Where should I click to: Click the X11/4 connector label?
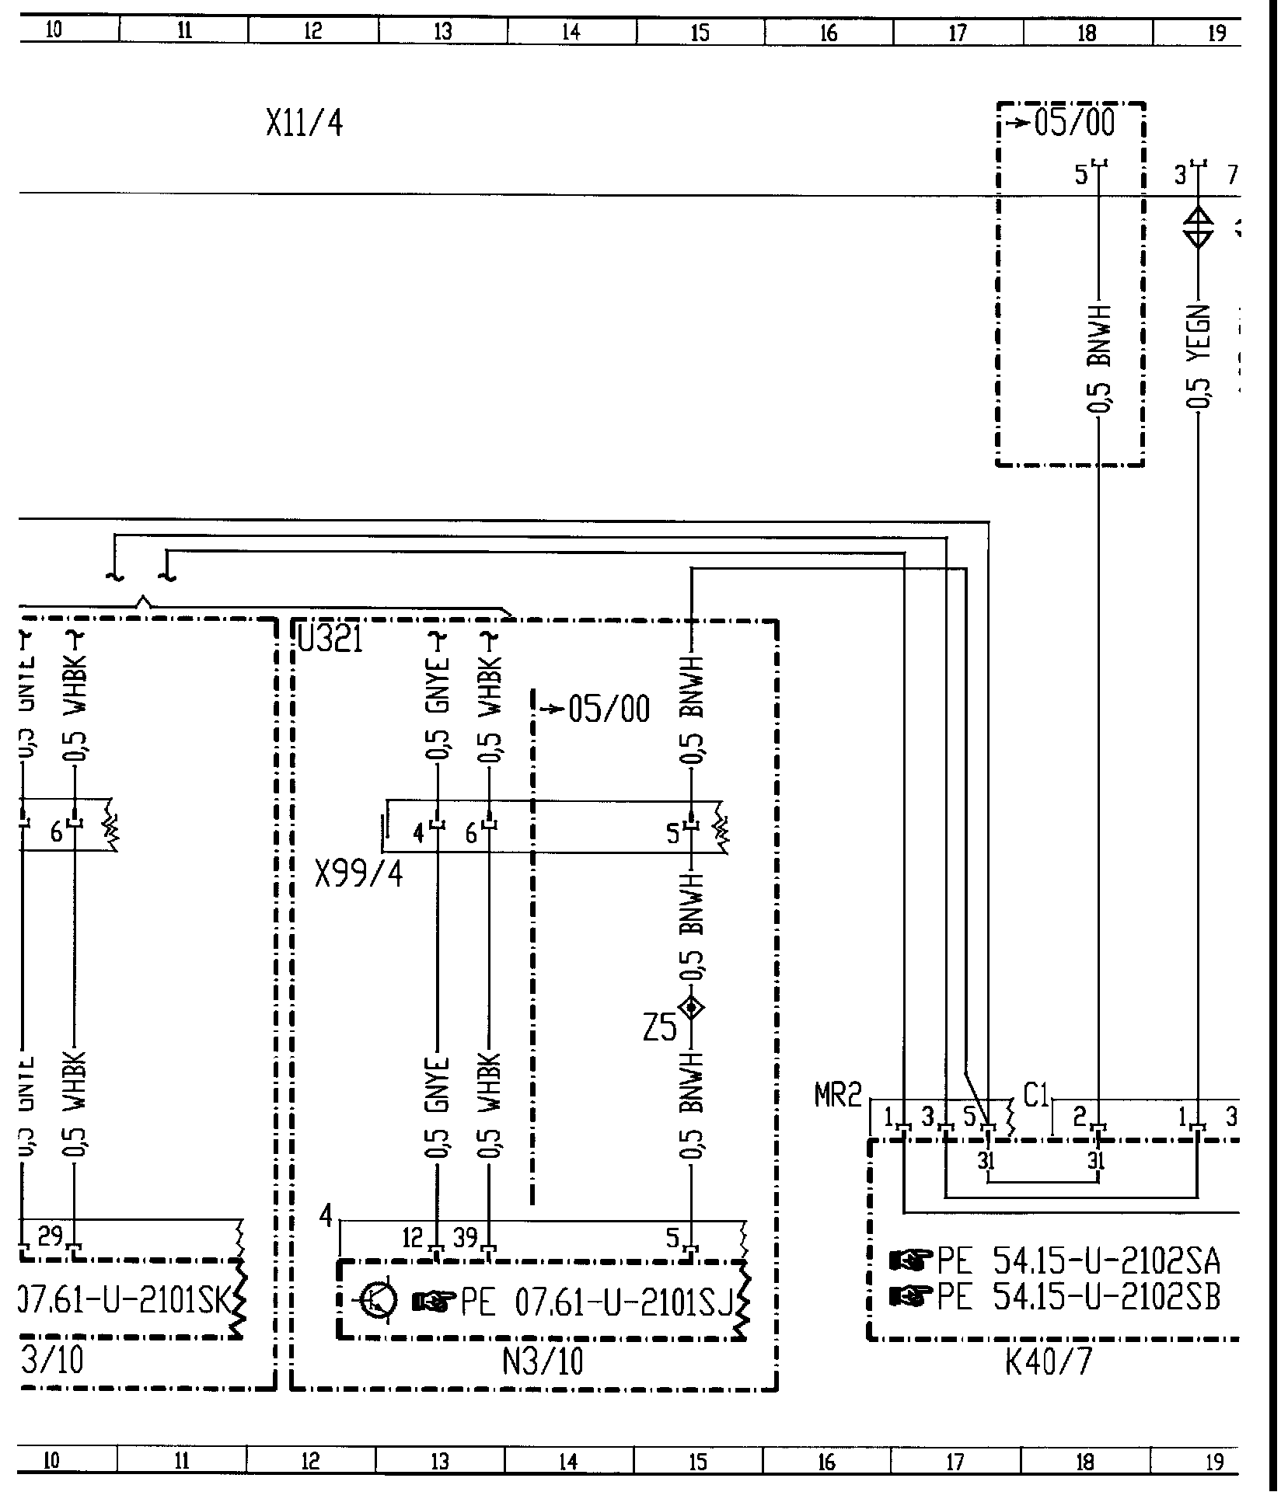(x=304, y=124)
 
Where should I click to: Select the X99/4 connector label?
(x=359, y=874)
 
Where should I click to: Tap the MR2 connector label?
(x=838, y=1096)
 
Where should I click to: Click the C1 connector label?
(x=1036, y=1096)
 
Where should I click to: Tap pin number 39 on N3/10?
(x=465, y=1236)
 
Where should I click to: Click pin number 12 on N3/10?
(x=414, y=1236)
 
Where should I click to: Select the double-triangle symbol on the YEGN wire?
(x=1198, y=228)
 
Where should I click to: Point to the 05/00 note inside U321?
(x=609, y=709)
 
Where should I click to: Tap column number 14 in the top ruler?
(x=571, y=32)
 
